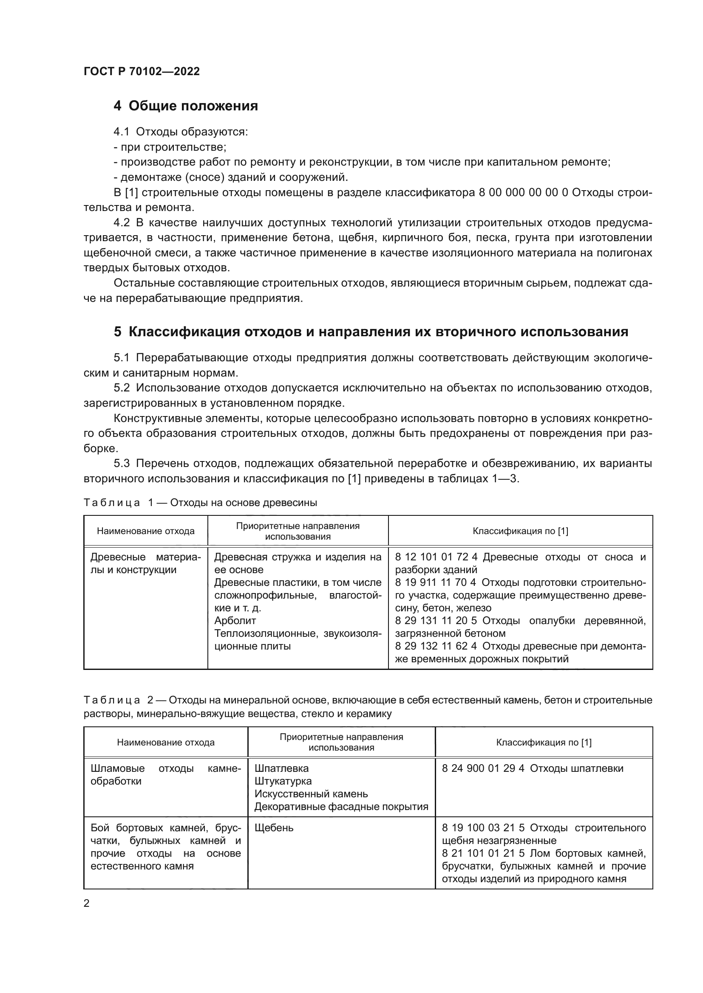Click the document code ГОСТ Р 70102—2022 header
pyautogui.click(x=142, y=71)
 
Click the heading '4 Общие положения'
pyautogui.click(x=185, y=106)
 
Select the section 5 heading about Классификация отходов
pyautogui.click(x=371, y=332)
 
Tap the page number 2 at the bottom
pyautogui.click(x=87, y=903)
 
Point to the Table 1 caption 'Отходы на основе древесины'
pyautogui.click(x=243, y=503)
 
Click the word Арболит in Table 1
pyautogui.click(x=235, y=621)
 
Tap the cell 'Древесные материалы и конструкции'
pyautogui.click(x=145, y=563)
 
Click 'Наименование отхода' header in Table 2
pyautogui.click(x=166, y=743)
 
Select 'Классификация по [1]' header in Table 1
pyautogui.click(x=520, y=531)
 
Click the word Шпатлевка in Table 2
pyautogui.click(x=281, y=768)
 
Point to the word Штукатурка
pyautogui.click(x=283, y=781)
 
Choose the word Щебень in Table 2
pyautogui.click(x=274, y=828)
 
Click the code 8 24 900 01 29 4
pyautogui.click(x=483, y=768)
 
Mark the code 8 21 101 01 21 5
pyautogui.click(x=483, y=853)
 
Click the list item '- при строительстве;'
pyautogui.click(x=170, y=147)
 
